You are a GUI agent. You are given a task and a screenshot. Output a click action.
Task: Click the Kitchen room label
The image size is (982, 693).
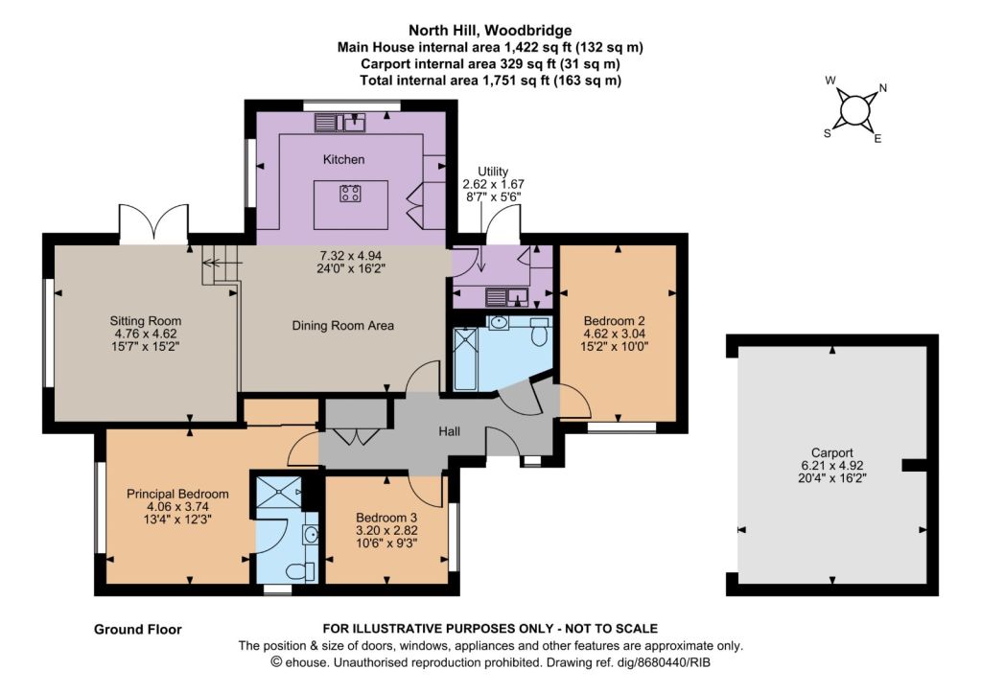(x=343, y=160)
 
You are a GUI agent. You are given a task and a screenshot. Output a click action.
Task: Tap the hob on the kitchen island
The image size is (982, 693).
(x=350, y=193)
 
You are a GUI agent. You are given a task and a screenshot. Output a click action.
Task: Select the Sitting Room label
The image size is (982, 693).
(x=146, y=321)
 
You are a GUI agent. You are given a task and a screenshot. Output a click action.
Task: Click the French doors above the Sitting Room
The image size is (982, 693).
(x=153, y=223)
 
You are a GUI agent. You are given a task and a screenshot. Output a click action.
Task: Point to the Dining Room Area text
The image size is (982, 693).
(x=342, y=326)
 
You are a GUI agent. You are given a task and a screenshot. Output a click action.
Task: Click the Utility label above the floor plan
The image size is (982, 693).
(x=493, y=172)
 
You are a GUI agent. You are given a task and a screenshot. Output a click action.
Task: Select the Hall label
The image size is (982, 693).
(x=449, y=431)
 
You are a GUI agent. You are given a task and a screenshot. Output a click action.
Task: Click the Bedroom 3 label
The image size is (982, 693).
(x=386, y=518)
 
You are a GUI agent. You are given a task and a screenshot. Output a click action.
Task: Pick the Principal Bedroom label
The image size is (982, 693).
(x=177, y=494)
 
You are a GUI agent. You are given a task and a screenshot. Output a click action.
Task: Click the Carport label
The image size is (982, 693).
(x=831, y=452)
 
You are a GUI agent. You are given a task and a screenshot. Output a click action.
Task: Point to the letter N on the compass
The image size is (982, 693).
(x=883, y=88)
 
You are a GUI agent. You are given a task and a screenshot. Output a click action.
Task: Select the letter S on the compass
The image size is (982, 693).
(x=828, y=133)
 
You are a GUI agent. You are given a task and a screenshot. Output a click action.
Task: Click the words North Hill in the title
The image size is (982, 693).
(x=443, y=30)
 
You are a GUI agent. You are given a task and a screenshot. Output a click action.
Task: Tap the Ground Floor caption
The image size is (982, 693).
(x=138, y=630)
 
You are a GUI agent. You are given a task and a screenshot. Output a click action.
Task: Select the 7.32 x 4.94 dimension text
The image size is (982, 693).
(x=351, y=255)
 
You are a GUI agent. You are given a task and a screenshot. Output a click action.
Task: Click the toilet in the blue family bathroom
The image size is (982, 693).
(x=539, y=332)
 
